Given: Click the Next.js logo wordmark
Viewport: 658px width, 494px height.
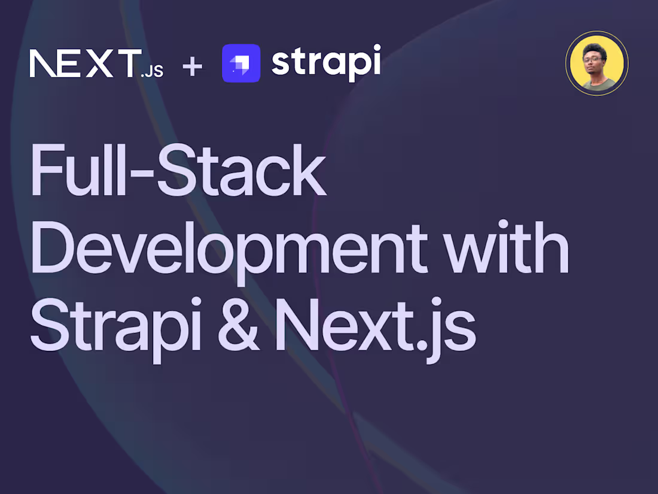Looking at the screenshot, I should click(x=96, y=63).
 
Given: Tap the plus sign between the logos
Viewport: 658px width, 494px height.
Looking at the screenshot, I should click(x=193, y=64).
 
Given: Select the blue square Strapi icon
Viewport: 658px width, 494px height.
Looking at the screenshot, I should click(x=241, y=63).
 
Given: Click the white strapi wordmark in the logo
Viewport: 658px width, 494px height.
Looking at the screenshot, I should click(x=326, y=62).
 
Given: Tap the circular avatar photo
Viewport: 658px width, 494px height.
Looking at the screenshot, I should click(x=596, y=63).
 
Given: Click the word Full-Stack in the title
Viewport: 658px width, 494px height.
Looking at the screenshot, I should click(x=178, y=170).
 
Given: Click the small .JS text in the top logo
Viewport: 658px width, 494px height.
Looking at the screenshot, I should click(x=152, y=72).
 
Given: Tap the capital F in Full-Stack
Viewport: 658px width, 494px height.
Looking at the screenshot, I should click(x=45, y=170).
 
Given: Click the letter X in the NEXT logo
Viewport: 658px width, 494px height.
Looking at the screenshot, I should click(x=100, y=63).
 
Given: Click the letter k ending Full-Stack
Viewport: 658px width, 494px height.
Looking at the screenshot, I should click(x=307, y=170).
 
